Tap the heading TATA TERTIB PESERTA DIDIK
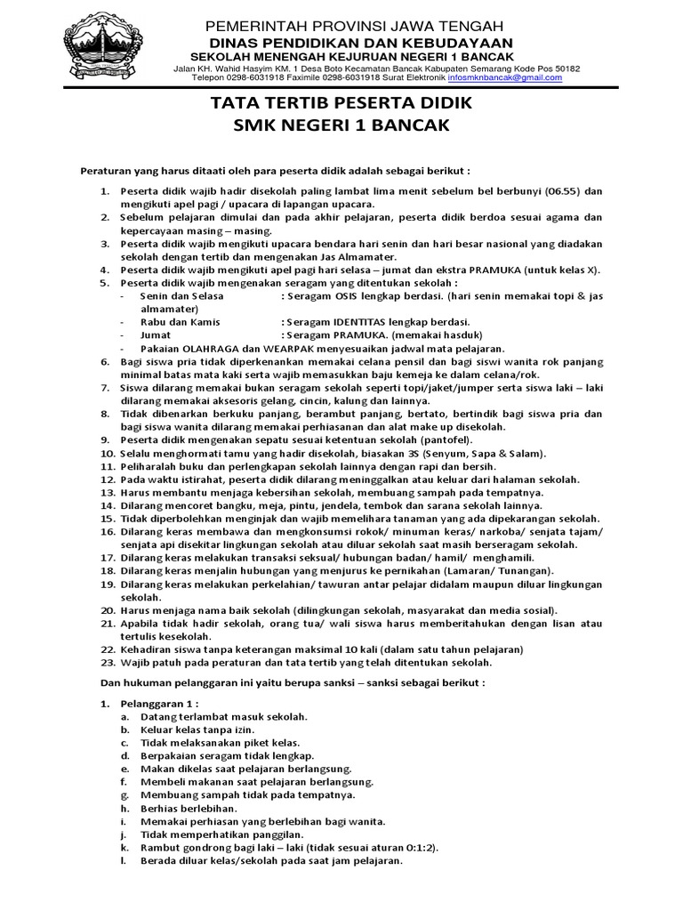click(341, 104)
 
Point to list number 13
click(107, 492)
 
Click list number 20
click(107, 609)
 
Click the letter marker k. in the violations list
click(125, 848)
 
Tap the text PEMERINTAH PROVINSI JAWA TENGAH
click(354, 25)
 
